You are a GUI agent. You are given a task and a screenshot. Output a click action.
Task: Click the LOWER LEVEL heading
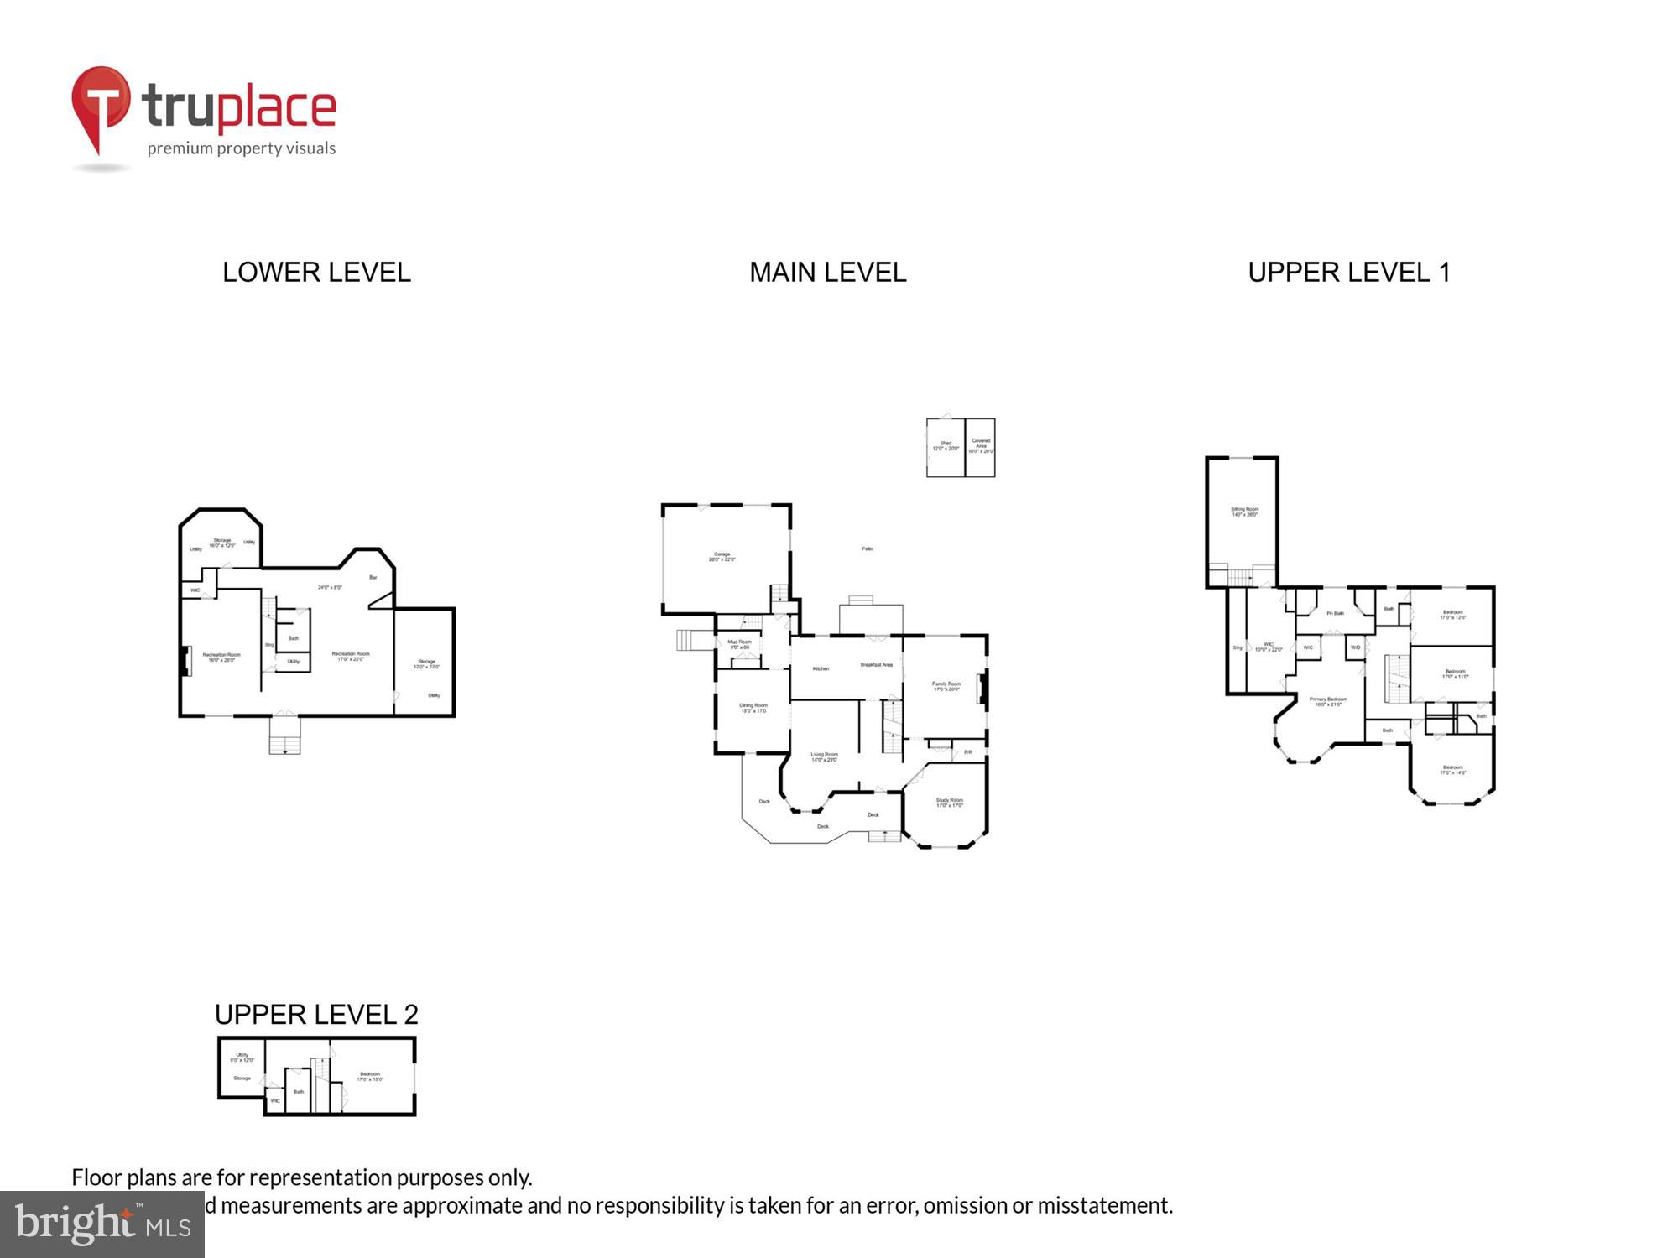coord(316,273)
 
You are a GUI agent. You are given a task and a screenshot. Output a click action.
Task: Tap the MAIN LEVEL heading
coord(827,273)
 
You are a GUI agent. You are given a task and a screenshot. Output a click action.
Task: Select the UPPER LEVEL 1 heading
coord(1348,273)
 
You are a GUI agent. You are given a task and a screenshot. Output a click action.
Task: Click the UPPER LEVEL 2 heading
coord(316,1015)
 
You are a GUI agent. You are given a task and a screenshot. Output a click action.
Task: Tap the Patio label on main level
coord(867,548)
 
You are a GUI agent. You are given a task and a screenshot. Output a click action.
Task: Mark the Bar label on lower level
coord(373,577)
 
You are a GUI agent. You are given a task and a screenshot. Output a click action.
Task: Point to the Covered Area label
coord(981,445)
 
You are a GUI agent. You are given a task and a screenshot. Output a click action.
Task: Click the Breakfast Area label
coord(876,665)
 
